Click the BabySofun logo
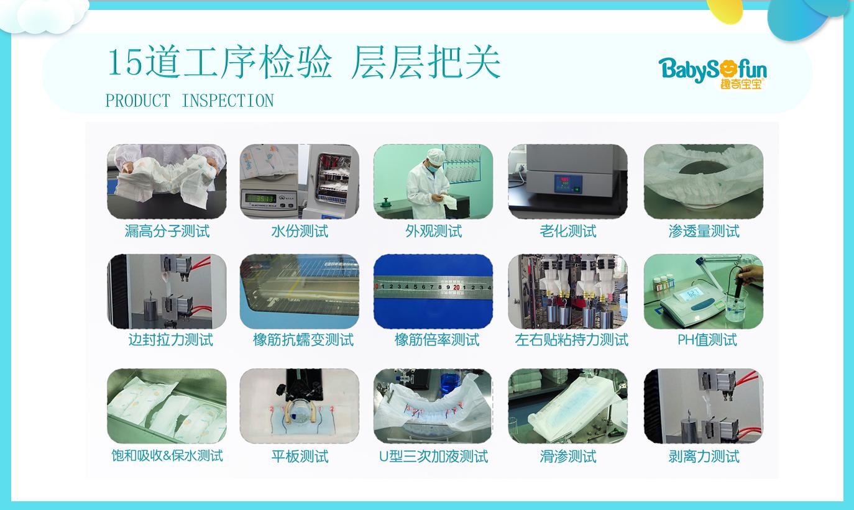point(712,73)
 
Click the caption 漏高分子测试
point(167,231)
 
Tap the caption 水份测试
point(300,231)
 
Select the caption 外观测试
point(433,231)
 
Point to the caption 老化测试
point(567,231)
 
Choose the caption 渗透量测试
point(704,231)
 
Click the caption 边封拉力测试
point(170,340)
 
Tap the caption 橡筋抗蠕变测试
point(303,340)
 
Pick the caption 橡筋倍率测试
point(437,340)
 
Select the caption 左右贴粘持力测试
point(571,340)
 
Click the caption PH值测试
point(707,340)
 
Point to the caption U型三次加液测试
point(433,456)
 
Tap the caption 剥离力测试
point(704,456)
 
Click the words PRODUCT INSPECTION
point(190,101)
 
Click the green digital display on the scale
point(261,199)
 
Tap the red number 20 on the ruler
point(456,287)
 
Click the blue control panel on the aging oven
point(567,183)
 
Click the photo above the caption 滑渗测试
point(567,406)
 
